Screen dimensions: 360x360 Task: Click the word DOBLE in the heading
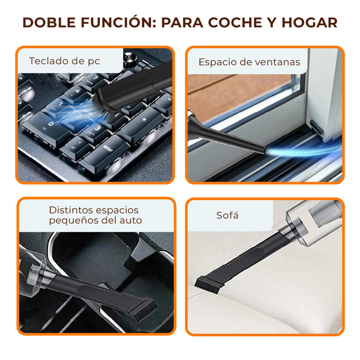point(49,22)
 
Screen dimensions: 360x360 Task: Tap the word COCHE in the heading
point(235,22)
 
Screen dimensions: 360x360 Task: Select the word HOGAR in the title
point(309,22)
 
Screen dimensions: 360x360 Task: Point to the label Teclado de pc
point(64,61)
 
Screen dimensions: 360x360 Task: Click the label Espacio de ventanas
point(249,62)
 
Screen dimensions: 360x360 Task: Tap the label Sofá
point(227,215)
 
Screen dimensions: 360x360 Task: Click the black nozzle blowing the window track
point(227,136)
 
